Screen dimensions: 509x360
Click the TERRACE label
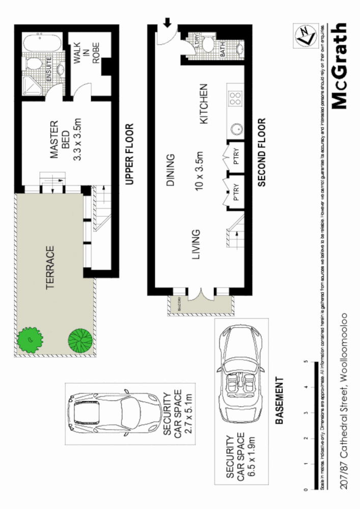coord(50,268)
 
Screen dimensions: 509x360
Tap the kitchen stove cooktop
coord(235,98)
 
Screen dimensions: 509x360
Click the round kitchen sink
coord(235,128)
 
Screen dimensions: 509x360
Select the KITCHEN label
coord(204,104)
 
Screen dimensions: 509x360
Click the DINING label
coord(171,171)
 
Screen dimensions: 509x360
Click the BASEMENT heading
coord(279,401)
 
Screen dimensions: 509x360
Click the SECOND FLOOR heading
coord(262,153)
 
